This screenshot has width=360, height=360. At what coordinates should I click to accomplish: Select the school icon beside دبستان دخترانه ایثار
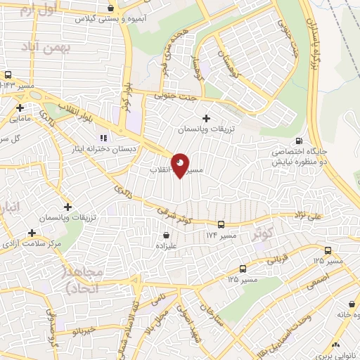[x=103, y=137]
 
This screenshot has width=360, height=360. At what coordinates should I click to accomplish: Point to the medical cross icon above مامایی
[x=20, y=108]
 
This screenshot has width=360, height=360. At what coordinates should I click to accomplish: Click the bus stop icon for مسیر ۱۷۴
[x=221, y=224]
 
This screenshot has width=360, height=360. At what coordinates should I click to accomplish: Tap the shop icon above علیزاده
[x=166, y=234]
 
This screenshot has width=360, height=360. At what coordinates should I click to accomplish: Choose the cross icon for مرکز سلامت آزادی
[x=32, y=233]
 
